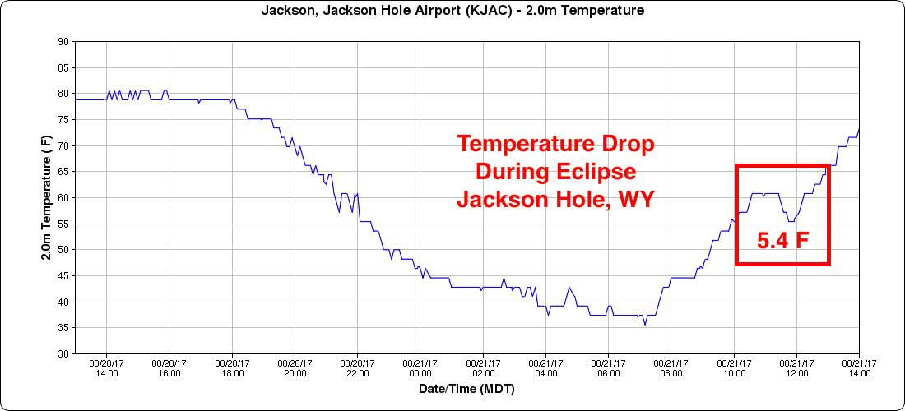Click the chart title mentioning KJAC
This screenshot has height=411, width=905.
point(452,11)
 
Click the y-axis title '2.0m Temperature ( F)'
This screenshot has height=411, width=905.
point(47,197)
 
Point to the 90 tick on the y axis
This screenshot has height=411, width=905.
point(63,42)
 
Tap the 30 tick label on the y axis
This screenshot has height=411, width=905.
point(63,354)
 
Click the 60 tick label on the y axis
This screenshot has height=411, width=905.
point(63,198)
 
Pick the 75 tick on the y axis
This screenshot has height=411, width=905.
point(63,120)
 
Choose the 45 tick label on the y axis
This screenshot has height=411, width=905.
point(63,276)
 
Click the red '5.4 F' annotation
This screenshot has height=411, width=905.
point(782,241)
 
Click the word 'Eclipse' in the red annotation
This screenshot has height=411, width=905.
point(594,173)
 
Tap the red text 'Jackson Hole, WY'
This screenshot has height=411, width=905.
point(555,200)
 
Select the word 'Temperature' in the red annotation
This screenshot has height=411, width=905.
point(522,145)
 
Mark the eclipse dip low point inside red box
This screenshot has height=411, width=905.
point(791,221)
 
